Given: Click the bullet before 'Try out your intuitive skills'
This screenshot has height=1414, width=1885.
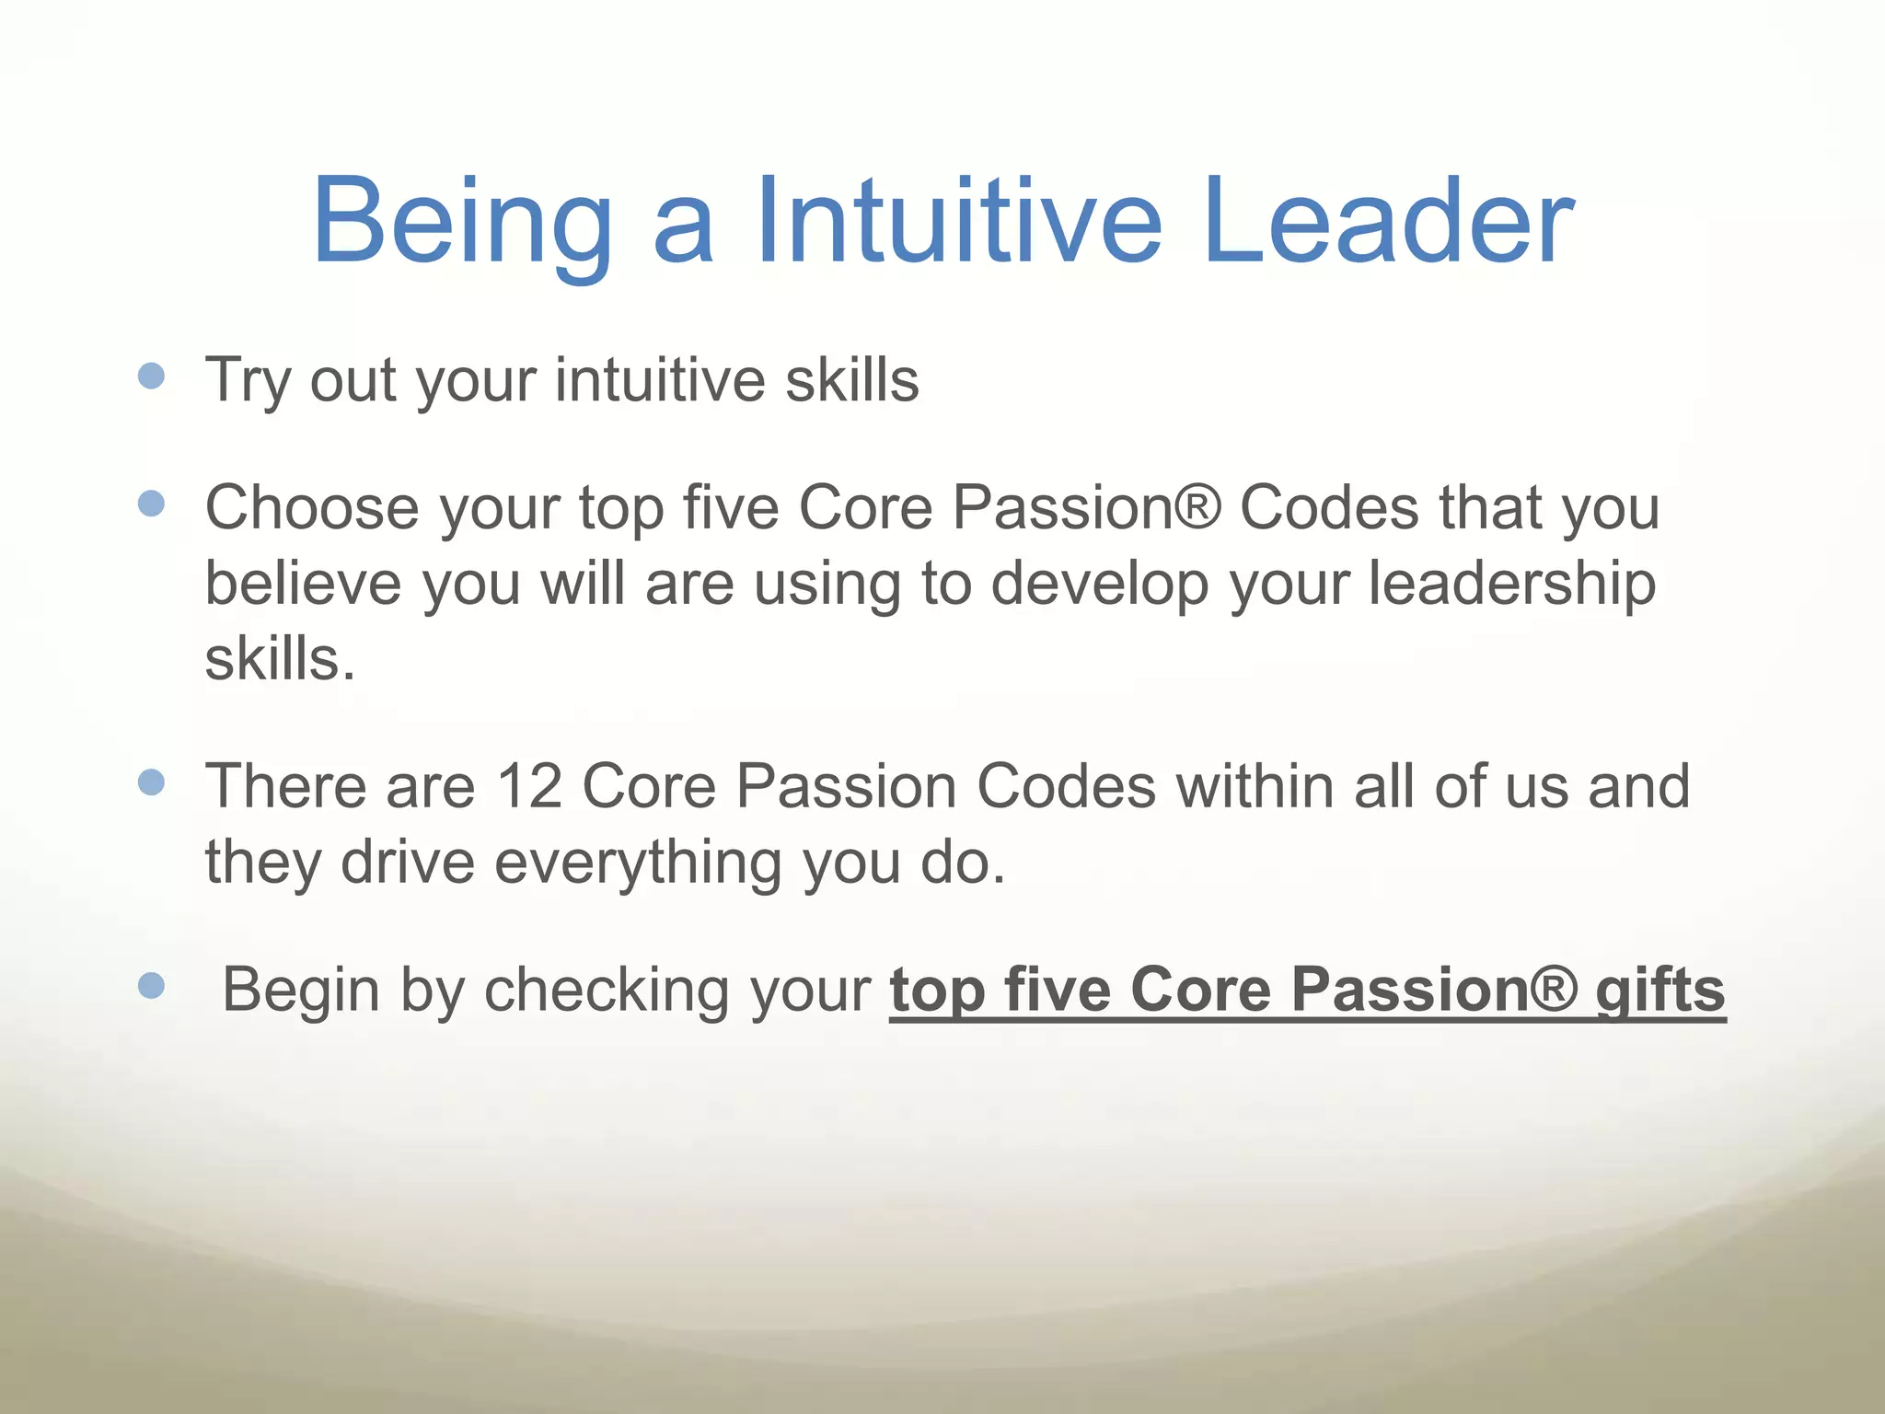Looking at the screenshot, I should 151,376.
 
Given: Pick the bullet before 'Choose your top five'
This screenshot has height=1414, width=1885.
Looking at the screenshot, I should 151,504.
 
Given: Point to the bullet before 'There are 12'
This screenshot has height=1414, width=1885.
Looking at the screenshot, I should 151,782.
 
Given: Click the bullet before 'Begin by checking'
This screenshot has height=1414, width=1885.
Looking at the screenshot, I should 151,986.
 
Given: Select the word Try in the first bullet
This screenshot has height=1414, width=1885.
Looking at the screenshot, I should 248,380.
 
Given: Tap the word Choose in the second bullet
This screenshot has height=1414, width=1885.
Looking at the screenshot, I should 312,508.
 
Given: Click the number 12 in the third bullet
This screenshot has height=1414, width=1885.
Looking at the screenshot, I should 528,787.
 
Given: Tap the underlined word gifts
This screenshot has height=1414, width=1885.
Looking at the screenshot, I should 1659,991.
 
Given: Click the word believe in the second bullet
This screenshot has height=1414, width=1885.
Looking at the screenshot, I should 303,585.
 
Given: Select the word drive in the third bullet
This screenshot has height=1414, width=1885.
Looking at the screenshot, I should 407,863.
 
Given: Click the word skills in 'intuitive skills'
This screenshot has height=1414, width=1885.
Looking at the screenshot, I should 851,380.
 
